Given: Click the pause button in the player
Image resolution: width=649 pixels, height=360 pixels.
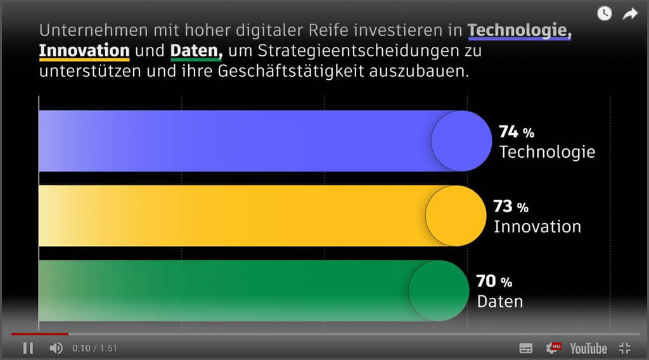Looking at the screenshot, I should click(28, 348).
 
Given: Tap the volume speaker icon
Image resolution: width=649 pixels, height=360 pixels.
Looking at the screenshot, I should click(56, 348).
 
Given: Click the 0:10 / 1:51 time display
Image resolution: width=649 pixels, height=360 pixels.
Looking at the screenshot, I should click(94, 349).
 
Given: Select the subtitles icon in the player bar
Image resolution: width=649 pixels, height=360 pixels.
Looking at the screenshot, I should click(526, 348).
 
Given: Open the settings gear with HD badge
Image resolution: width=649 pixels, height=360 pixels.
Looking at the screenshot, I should click(553, 348).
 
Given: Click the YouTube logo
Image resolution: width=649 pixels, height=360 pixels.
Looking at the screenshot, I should click(588, 348).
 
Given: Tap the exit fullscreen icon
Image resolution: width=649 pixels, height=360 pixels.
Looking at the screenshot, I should click(625, 348).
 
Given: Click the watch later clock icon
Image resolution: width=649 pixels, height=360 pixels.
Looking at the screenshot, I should click(605, 13).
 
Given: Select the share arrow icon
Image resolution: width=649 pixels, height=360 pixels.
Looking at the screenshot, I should click(629, 13).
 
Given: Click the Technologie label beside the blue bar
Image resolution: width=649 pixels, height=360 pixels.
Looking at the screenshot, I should click(548, 152).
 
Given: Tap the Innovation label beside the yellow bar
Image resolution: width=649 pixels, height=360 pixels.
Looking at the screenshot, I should click(537, 226).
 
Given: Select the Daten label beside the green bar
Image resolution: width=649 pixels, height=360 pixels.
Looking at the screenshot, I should click(500, 301).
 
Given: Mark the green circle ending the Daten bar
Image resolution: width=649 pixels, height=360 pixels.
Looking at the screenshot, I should click(439, 290).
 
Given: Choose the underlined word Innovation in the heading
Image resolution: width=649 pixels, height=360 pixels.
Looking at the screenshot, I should click(84, 50).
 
